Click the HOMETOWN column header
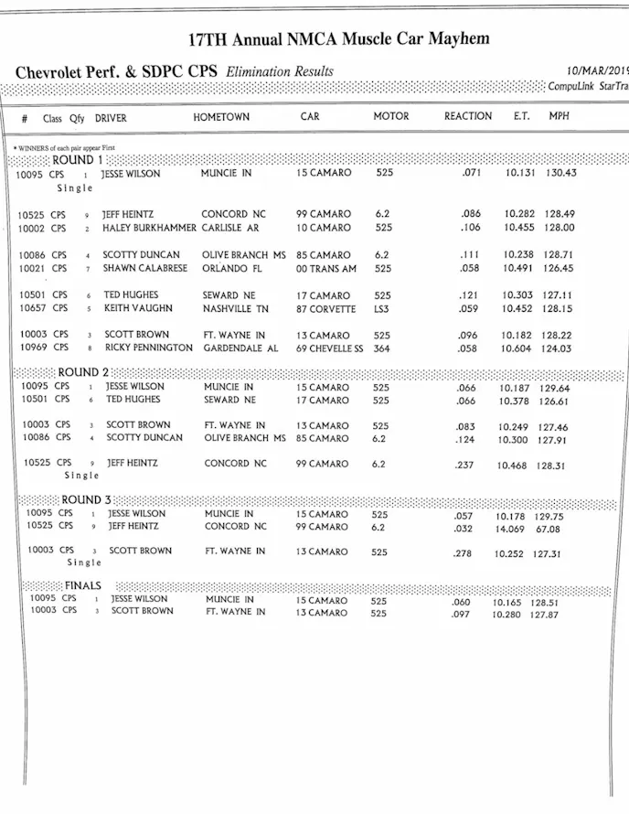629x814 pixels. click(x=221, y=117)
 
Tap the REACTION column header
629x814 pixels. click(x=468, y=116)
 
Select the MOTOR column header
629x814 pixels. click(x=391, y=117)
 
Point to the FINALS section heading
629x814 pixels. click(x=82, y=585)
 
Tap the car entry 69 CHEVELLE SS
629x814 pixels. click(x=329, y=348)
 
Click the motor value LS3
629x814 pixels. click(x=383, y=309)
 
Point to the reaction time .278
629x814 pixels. click(x=464, y=553)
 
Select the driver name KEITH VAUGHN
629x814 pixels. click(x=137, y=309)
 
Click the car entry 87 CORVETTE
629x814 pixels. click(x=325, y=309)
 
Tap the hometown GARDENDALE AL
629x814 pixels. click(x=240, y=348)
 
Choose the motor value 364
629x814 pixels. click(x=383, y=348)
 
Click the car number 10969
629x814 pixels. click(x=32, y=348)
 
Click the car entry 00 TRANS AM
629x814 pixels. click(x=325, y=269)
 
